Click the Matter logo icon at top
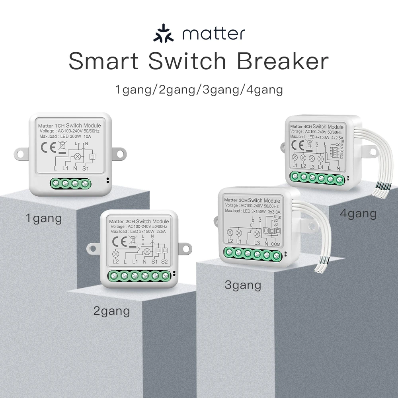(163, 34)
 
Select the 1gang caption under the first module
(44, 218)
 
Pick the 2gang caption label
(111, 311)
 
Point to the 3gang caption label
(243, 285)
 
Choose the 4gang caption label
(358, 214)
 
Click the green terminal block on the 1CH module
(70, 183)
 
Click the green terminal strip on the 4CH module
(317, 178)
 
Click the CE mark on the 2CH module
(119, 242)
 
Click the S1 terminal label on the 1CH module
(85, 168)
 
